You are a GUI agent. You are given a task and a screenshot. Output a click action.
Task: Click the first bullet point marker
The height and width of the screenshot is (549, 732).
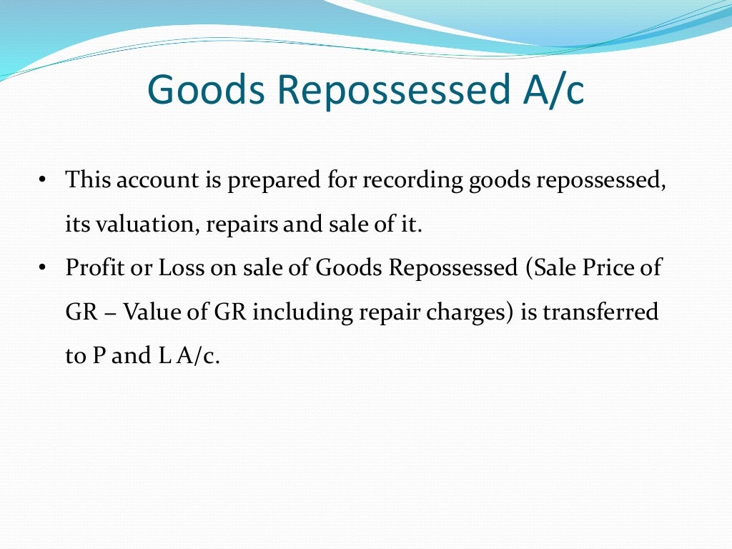(x=43, y=179)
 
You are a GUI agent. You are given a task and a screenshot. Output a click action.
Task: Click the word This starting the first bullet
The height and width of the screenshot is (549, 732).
(x=87, y=179)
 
